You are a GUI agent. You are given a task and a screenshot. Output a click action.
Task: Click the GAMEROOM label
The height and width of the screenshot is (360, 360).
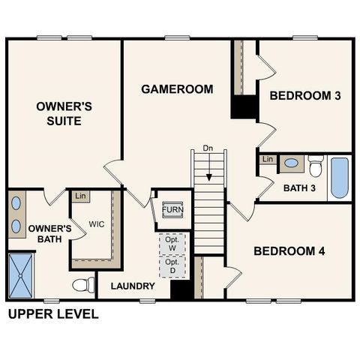(177, 89)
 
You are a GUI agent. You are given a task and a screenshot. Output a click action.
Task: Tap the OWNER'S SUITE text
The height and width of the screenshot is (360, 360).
(64, 113)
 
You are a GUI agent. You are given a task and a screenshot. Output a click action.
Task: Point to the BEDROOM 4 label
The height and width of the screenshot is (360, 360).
(289, 251)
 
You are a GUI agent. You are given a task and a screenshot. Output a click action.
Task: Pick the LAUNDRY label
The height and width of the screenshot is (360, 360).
(133, 286)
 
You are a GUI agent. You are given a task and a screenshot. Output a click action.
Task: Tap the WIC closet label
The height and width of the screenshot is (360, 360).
(96, 224)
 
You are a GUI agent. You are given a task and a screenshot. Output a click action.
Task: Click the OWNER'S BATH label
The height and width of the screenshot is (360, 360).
(49, 234)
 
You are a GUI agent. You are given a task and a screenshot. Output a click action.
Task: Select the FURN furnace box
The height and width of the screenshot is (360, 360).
(172, 209)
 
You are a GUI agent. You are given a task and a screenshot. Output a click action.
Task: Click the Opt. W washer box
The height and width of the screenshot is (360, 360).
(172, 244)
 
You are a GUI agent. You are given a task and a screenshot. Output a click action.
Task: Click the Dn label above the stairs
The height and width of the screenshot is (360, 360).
(208, 148)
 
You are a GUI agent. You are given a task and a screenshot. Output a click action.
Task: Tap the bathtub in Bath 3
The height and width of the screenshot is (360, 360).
(340, 178)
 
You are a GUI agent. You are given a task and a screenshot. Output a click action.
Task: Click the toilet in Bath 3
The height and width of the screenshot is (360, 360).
(315, 164)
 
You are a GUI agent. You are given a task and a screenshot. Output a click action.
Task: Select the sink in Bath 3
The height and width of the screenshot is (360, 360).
(290, 163)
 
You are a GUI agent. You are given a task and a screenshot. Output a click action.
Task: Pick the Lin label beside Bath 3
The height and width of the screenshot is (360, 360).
(268, 159)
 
